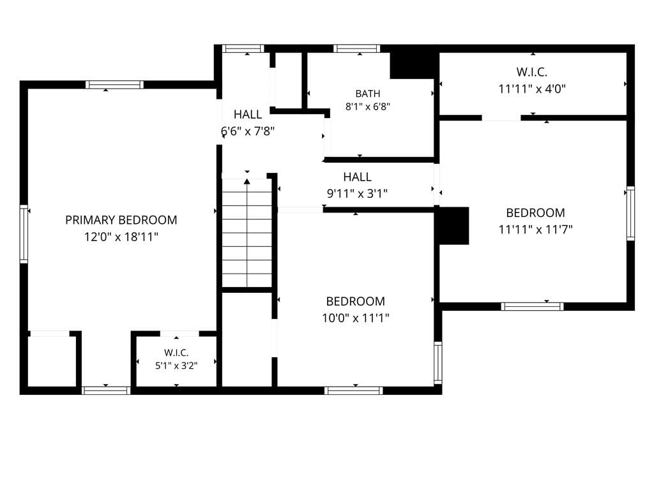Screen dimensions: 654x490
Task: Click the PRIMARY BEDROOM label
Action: point(121,220)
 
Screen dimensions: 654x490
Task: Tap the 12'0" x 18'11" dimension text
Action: point(121,237)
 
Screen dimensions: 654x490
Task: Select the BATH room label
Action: point(367,94)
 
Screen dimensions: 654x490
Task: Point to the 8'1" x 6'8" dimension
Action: point(367,107)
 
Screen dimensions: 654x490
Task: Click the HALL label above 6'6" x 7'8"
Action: point(248,115)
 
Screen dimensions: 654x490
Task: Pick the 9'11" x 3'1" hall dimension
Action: point(357,194)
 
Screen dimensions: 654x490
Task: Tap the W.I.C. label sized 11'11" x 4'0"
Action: point(532,72)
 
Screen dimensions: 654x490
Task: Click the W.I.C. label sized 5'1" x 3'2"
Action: point(176,353)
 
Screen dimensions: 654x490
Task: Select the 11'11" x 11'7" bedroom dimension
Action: point(536,230)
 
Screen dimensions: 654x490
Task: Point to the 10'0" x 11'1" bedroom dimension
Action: point(355,318)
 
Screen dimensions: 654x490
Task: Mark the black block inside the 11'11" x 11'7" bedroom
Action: point(452,225)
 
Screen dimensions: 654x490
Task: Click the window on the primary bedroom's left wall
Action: point(24,234)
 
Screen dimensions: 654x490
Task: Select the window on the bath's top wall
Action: point(356,48)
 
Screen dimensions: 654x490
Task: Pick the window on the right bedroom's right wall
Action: point(630,213)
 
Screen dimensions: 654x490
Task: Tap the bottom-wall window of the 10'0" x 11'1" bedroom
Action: point(354,390)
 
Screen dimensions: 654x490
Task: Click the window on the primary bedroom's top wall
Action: point(115,85)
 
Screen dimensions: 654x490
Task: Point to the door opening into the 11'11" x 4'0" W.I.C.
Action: point(501,118)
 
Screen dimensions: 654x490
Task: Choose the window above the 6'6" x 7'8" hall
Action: point(243,48)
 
